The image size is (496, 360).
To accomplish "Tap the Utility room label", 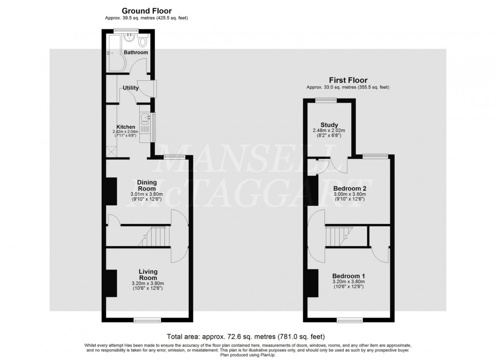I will point(131,88).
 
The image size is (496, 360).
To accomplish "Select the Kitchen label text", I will point(126,127).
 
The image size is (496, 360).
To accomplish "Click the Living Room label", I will point(148,275).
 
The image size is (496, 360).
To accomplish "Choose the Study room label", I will point(329,125).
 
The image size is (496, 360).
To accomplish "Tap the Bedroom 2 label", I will point(349,189).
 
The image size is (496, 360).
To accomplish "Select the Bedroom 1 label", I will point(349,276).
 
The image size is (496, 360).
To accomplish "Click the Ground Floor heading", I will point(147,11).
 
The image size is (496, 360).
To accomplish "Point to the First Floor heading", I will point(348,80).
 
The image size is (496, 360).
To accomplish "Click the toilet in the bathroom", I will point(143,40).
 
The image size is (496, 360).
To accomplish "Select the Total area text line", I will point(246,336).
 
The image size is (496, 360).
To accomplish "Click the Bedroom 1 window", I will point(350,320).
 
